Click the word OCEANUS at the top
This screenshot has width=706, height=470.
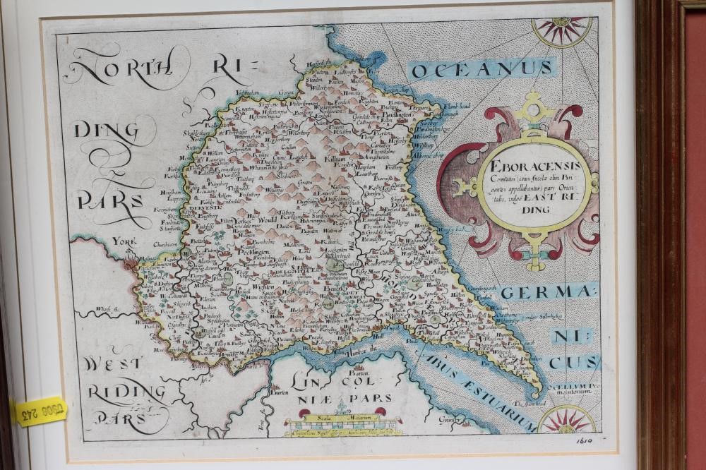(483, 68)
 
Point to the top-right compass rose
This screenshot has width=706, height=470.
(562, 30)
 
